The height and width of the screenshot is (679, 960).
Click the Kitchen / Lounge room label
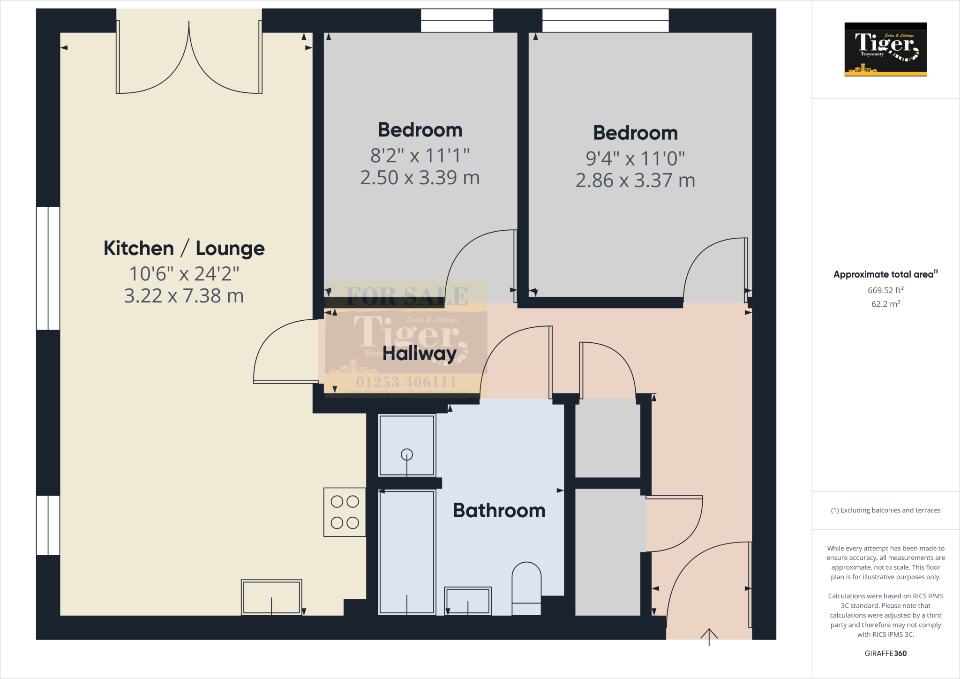point(184,249)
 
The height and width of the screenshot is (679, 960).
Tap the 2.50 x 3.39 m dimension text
point(420,178)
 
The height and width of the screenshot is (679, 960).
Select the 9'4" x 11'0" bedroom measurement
point(635,158)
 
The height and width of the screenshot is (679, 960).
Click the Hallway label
point(420,353)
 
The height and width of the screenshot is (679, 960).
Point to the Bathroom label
point(499,510)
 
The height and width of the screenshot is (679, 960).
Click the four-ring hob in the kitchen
point(345,512)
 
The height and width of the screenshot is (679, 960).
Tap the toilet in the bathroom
point(526,588)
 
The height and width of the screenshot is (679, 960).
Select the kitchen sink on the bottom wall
point(271,597)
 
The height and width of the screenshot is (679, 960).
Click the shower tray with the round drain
point(407,445)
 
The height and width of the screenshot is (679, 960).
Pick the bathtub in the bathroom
point(407,552)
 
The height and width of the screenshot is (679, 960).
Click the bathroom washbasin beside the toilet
point(467,601)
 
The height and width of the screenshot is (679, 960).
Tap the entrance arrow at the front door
point(709,637)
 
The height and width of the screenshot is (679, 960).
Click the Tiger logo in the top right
point(885,49)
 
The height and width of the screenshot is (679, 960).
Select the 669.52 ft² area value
point(885,290)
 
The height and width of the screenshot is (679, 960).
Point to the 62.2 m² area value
point(885,304)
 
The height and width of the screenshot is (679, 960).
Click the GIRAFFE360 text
point(885,653)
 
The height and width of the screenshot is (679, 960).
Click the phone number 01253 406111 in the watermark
point(406,382)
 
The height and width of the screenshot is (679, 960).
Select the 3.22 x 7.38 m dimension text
point(184,296)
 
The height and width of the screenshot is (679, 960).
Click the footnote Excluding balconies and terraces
point(885,510)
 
